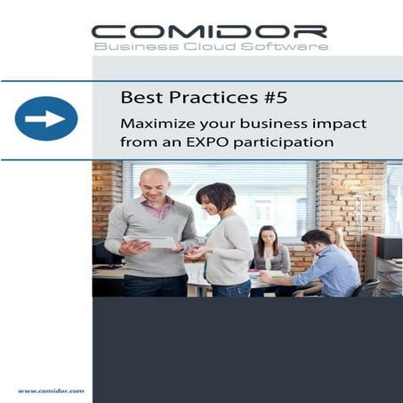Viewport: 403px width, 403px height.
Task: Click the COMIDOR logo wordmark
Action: (x=210, y=30)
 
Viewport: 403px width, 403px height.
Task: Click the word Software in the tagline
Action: (x=285, y=46)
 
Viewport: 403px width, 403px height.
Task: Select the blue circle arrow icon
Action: (x=45, y=118)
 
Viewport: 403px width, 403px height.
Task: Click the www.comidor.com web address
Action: (x=50, y=391)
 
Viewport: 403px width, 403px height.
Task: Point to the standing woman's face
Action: (x=213, y=201)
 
